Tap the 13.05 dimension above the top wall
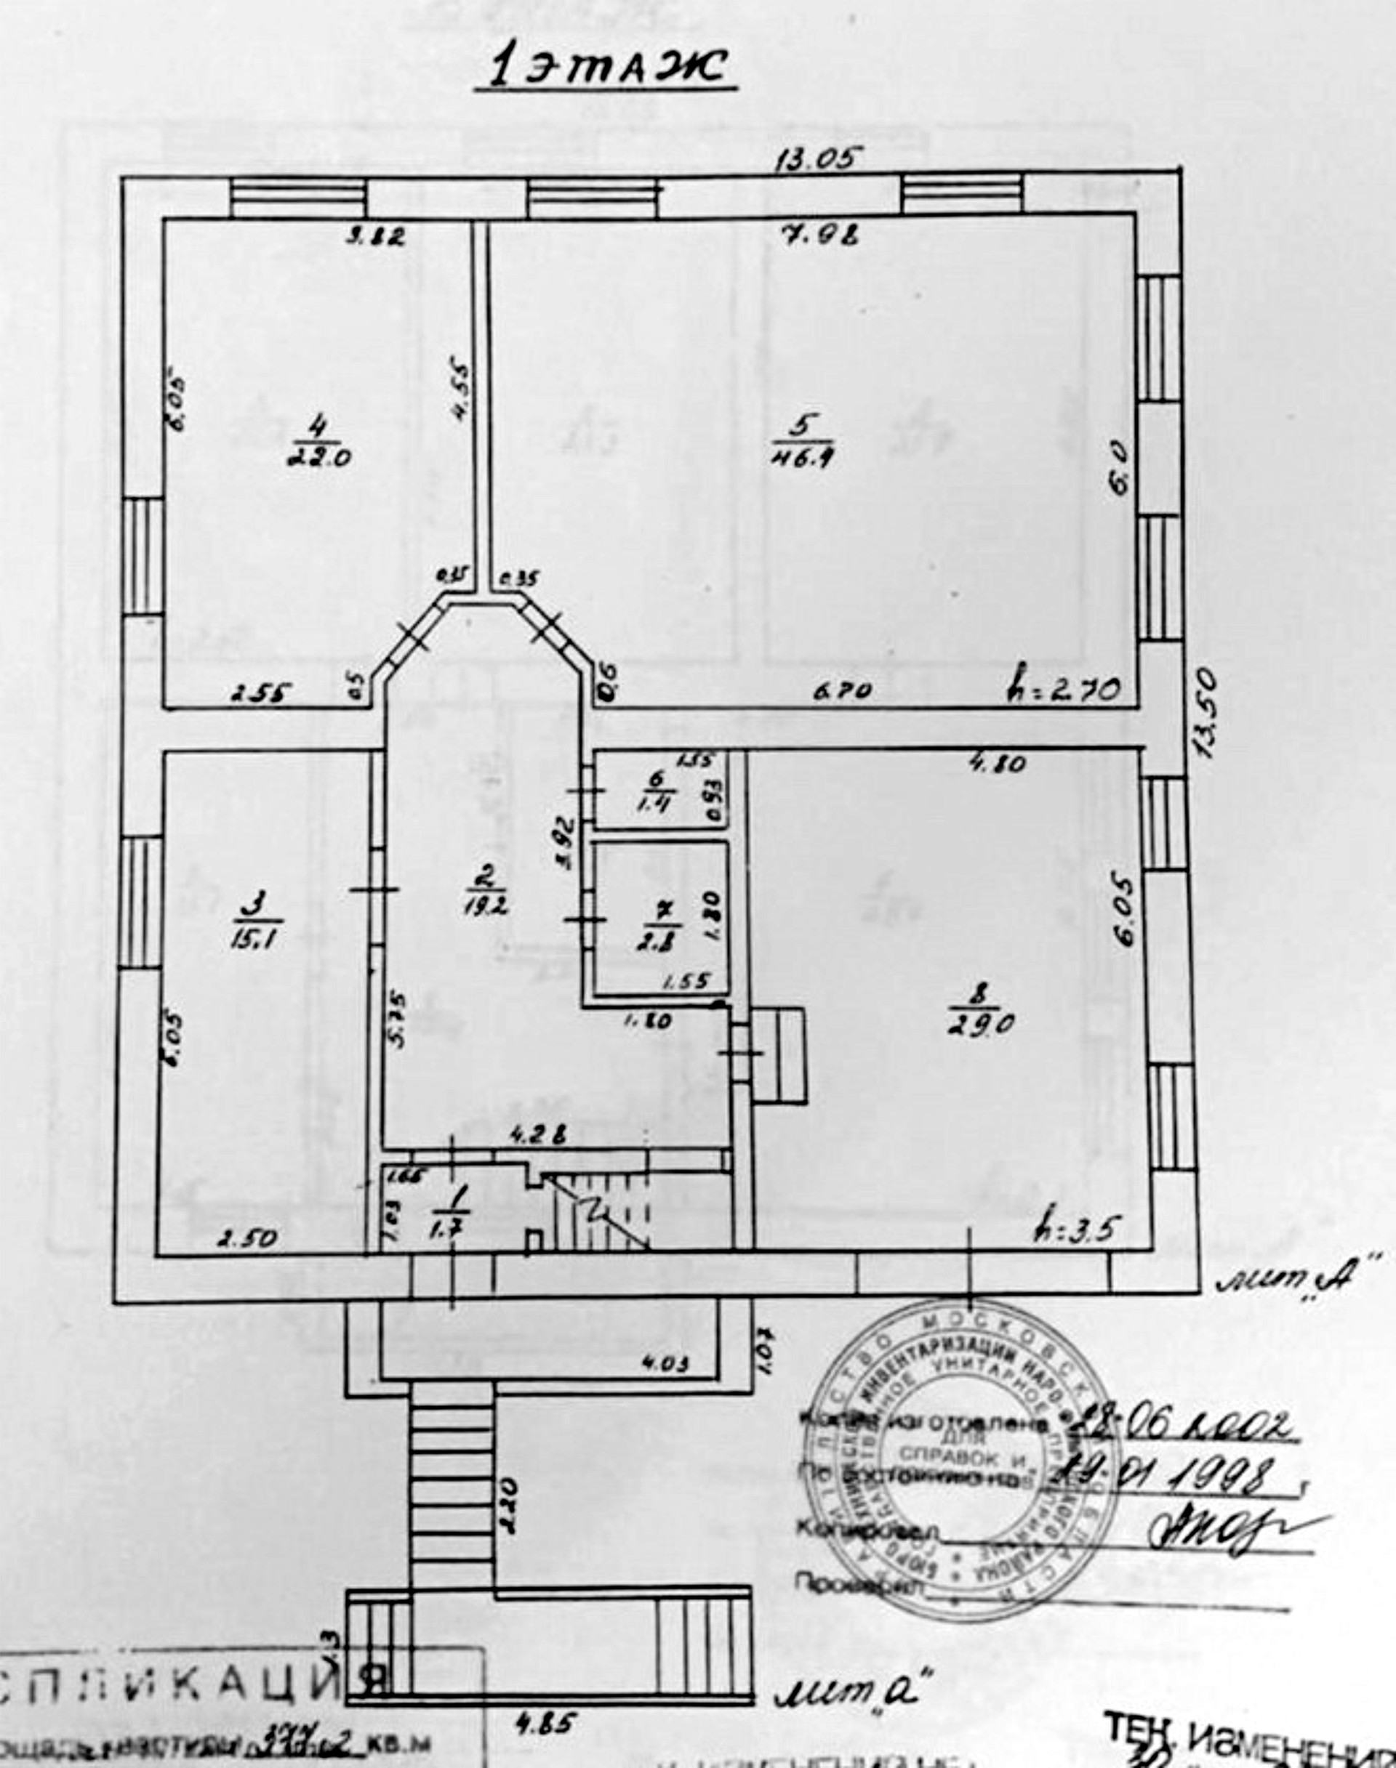click(x=819, y=158)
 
